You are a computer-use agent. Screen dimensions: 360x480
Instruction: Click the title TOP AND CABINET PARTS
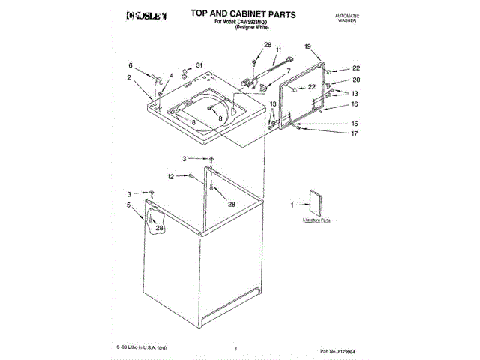233,14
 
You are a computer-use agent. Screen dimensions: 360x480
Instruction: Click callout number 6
130,65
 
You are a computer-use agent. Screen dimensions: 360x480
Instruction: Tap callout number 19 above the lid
307,46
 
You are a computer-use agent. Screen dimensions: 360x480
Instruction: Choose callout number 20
356,79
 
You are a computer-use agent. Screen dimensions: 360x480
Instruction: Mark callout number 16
355,106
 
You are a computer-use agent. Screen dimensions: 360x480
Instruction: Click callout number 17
355,133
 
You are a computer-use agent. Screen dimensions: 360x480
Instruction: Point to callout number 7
287,70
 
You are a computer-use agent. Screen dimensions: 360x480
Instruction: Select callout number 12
170,176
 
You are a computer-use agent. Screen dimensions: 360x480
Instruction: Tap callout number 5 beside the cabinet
128,204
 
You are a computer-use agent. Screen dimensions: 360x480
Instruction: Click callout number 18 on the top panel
192,121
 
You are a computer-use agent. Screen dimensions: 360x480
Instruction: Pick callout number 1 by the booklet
293,204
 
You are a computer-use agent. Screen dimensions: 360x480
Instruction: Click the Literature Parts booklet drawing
312,203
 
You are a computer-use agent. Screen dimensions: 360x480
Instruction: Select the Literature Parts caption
316,221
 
